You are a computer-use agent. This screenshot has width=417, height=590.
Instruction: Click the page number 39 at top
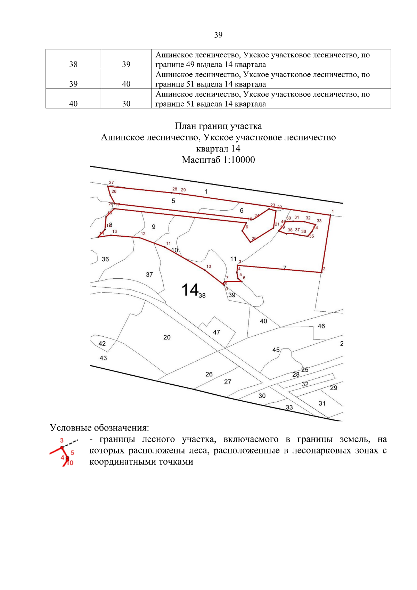pos(218,35)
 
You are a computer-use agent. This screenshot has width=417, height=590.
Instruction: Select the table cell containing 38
pos(73,64)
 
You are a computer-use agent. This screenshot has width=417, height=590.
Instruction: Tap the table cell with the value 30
pos(126,104)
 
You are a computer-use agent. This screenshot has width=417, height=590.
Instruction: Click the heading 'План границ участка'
pos(218,126)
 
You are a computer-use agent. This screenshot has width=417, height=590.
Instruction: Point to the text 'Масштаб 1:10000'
pos(218,160)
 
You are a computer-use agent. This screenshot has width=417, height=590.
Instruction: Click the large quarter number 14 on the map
pos(190,289)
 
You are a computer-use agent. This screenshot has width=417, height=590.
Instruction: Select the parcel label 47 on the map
pos(216,333)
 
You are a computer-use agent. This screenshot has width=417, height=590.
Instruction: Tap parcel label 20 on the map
pos(167,337)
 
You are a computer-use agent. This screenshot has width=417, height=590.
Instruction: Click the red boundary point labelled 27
pos(111,182)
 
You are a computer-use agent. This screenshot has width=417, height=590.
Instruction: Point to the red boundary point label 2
pos(324,269)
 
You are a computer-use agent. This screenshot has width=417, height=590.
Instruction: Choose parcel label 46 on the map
pos(321,326)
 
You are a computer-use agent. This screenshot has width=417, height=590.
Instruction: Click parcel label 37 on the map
pos(149,274)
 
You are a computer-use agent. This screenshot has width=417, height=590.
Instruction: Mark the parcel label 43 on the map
pos(103,358)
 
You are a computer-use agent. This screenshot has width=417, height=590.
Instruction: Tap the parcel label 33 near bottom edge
pos(289,407)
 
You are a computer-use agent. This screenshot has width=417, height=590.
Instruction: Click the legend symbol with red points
pos(64,452)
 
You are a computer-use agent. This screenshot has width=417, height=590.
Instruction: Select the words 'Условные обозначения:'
pos(99,427)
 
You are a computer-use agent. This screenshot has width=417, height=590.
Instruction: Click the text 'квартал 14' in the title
pos(218,149)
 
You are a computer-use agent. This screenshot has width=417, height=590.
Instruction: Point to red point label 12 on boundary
pos(143,234)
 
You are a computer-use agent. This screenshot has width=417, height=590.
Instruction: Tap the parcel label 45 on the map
pos(276,350)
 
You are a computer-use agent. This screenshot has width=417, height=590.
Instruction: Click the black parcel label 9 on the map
pos(154,227)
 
